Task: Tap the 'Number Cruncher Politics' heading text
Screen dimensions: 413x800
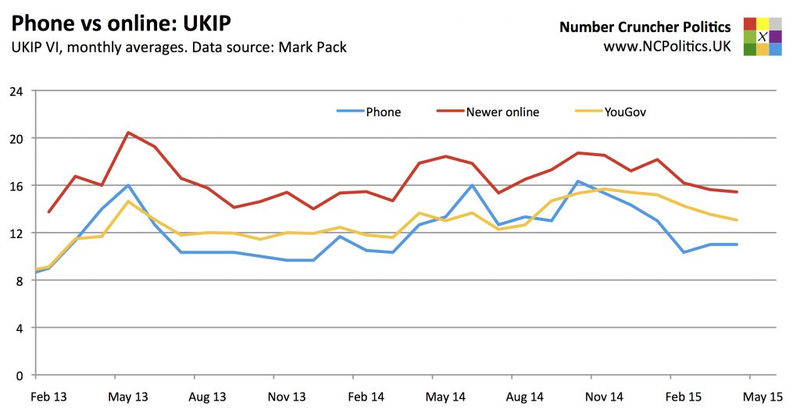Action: (x=645, y=27)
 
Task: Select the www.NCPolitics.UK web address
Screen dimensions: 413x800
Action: (x=666, y=47)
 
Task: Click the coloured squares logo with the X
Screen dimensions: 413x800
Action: (x=762, y=37)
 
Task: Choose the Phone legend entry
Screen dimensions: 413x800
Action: (x=383, y=112)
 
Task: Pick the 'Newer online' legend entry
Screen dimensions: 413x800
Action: (x=502, y=112)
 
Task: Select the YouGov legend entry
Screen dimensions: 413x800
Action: (x=624, y=112)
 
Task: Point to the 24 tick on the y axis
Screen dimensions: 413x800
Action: (x=16, y=91)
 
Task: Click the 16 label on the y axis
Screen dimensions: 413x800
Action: (x=16, y=186)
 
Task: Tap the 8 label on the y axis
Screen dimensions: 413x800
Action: (x=19, y=280)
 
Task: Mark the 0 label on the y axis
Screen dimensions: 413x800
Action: (x=19, y=376)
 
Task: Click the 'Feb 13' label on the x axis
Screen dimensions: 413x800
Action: (x=49, y=397)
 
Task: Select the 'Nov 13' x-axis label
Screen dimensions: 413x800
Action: (x=287, y=397)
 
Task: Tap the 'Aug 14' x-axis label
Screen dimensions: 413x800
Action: (x=524, y=397)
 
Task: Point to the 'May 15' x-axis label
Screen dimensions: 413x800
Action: (x=762, y=397)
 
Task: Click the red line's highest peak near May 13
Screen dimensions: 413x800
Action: (x=128, y=133)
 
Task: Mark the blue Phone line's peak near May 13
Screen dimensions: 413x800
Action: (x=128, y=186)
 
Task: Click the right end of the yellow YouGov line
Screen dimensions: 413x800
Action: (x=737, y=220)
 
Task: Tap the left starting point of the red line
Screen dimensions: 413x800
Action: (x=49, y=212)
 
